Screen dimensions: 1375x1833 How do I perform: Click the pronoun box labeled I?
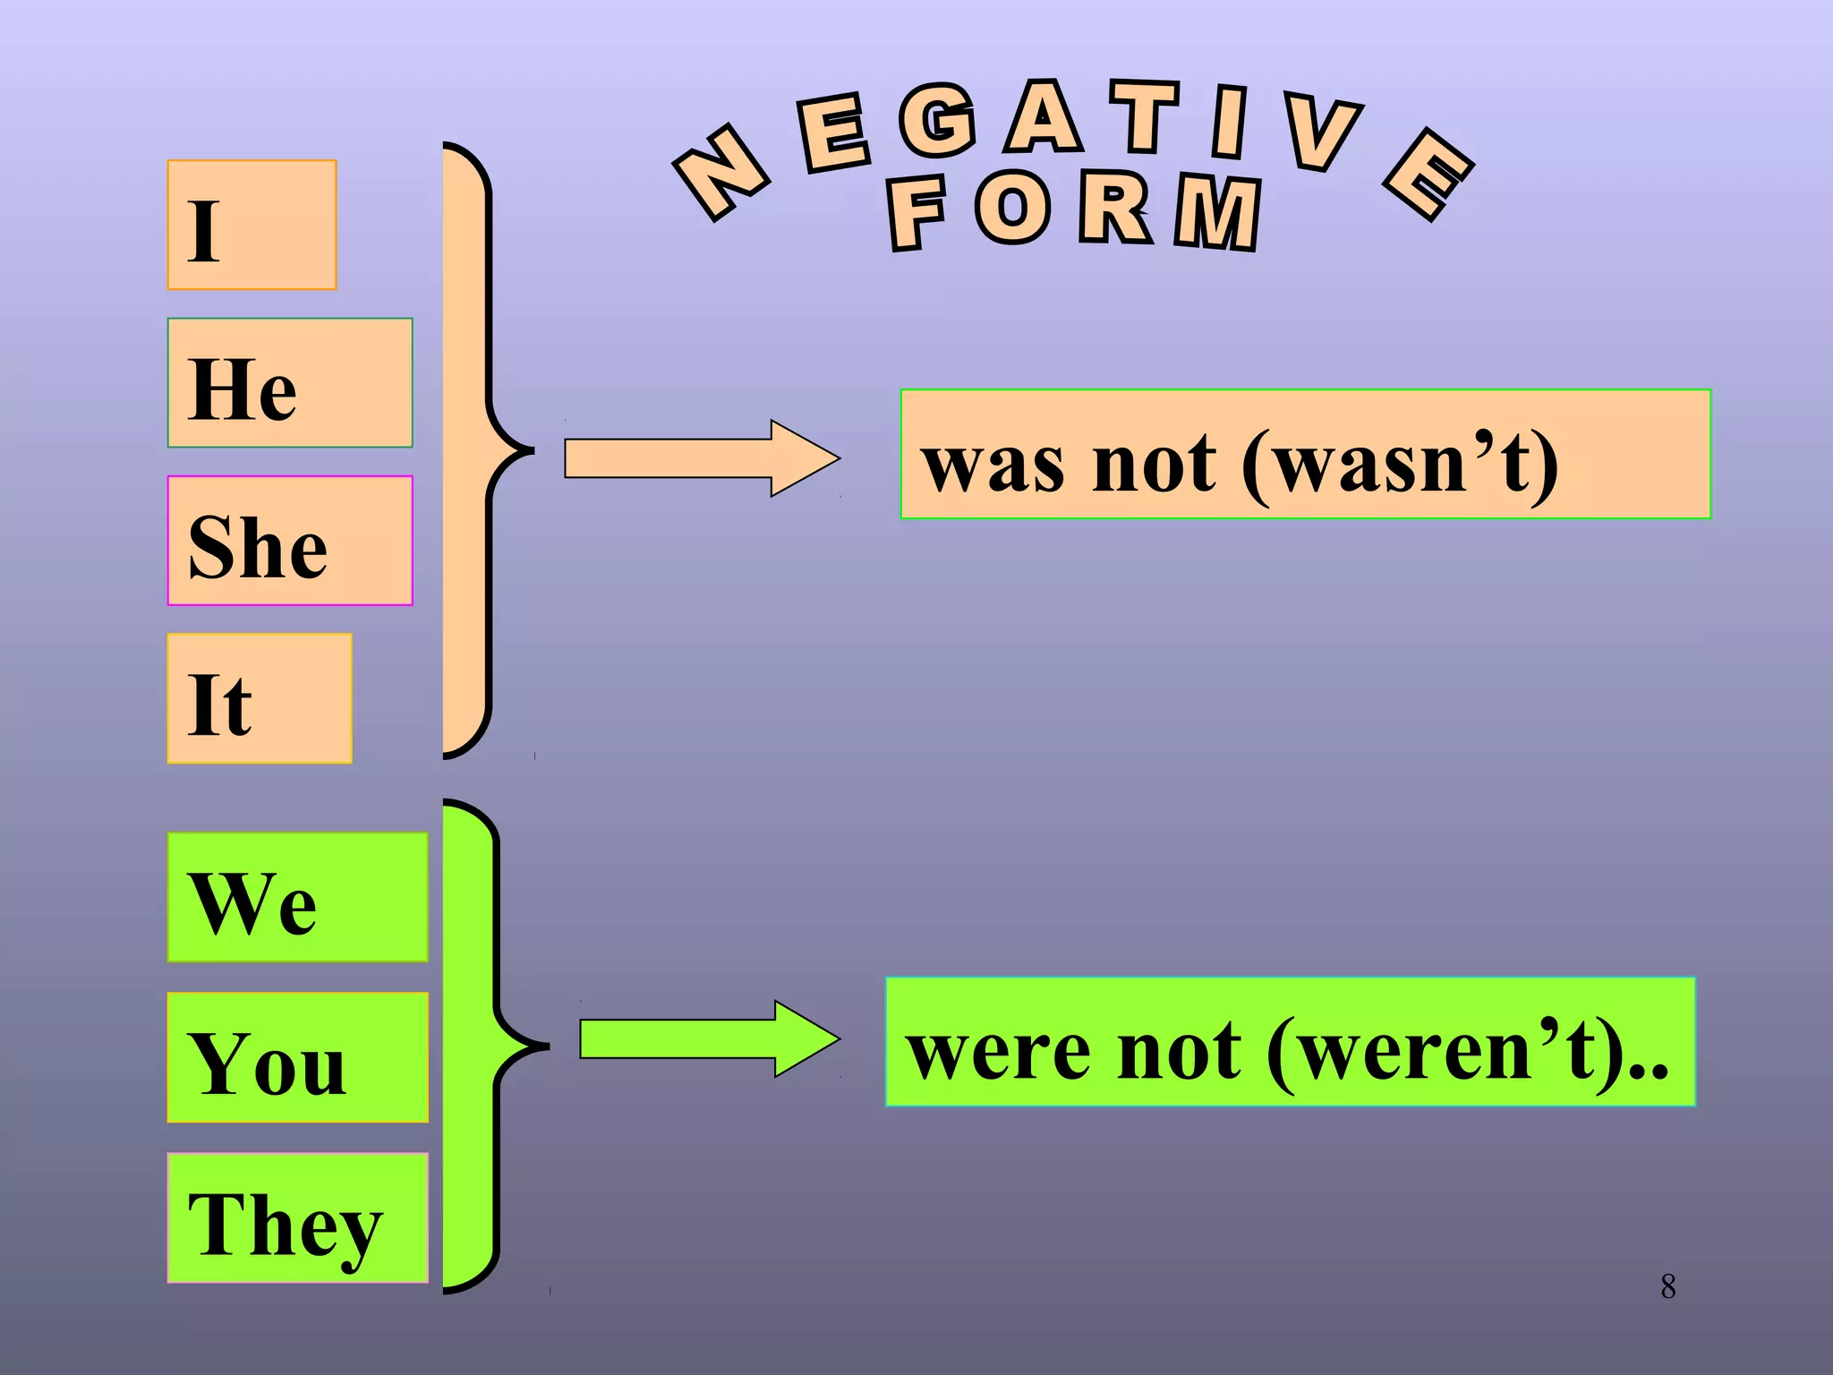pos(252,225)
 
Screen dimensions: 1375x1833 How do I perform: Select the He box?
pos(289,383)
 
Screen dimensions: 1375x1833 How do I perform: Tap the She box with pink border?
pos(289,541)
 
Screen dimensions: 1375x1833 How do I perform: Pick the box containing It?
pos(260,698)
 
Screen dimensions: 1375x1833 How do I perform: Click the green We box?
pos(297,897)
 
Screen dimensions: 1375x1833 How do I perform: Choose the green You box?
pos(297,1057)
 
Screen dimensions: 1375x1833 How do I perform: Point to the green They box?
pos(297,1217)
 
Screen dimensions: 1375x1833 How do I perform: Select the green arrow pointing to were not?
pos(708,1038)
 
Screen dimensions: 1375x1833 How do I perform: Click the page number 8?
pos(1667,1286)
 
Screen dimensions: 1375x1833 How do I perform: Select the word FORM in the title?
pos(1074,211)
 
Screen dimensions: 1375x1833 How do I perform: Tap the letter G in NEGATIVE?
pos(937,121)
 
